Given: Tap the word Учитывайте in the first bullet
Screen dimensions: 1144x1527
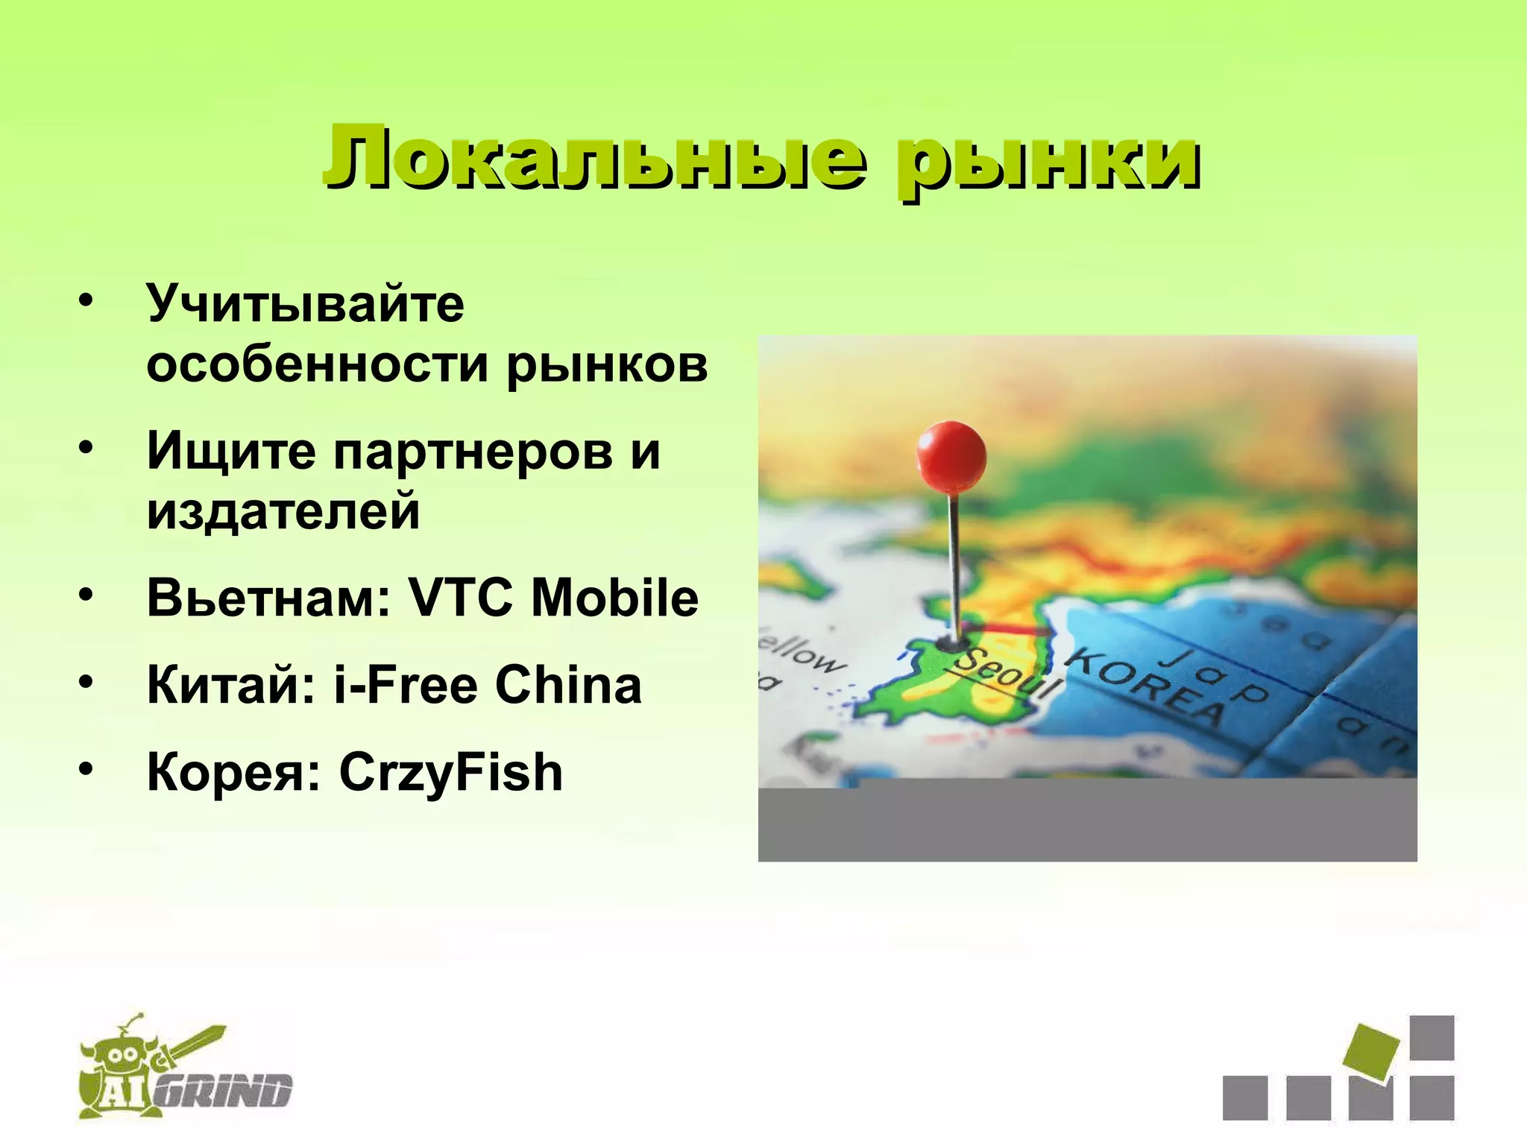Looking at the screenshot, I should coord(306,305).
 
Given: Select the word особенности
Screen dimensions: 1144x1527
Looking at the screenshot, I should coord(317,365).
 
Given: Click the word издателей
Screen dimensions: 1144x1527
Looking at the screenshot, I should coord(283,512).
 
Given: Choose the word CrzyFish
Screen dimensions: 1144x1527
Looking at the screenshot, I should coord(450,772).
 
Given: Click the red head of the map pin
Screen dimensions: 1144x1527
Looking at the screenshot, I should coord(951,456).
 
